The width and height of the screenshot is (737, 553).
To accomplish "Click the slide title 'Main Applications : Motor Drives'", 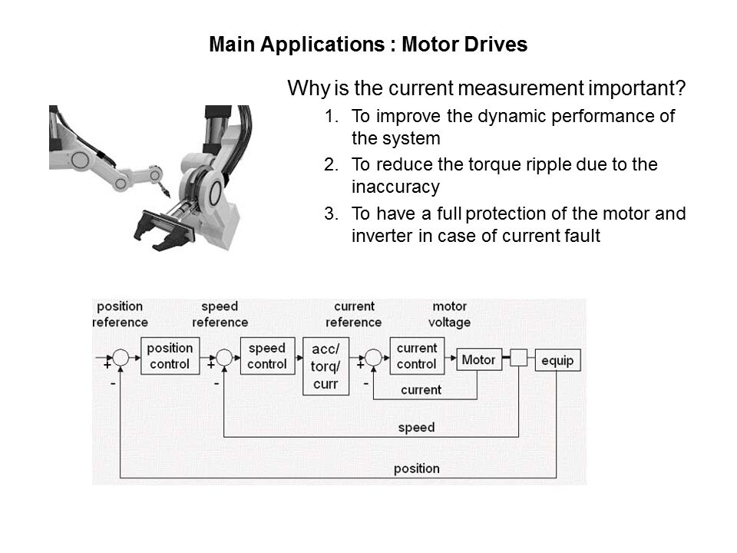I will (x=368, y=45).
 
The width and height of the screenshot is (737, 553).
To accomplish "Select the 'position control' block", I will (x=169, y=356).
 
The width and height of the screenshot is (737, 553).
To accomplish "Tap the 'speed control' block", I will (x=266, y=356).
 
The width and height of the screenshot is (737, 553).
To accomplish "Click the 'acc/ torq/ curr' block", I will (x=326, y=366).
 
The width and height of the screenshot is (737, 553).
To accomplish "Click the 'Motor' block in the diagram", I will (x=478, y=359).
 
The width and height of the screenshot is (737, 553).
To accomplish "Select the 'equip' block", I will (x=557, y=359).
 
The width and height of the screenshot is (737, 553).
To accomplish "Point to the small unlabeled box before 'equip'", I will (x=519, y=359).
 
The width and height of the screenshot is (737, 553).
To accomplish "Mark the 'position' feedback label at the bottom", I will (x=416, y=467).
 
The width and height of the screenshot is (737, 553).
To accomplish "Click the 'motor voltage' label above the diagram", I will (x=451, y=314).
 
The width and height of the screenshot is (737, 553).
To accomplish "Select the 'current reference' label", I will (x=354, y=314).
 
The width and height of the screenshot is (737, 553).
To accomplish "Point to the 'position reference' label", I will (x=120, y=314).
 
